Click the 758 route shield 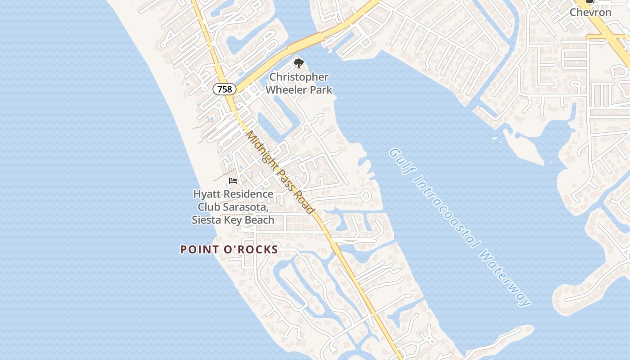(225, 89)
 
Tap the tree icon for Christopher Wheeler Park (298, 63)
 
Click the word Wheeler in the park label (286, 90)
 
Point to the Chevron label (590, 12)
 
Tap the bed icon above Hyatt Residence (233, 181)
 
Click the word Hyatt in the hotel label (207, 194)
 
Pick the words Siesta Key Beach (233, 220)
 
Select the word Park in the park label (322, 90)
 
